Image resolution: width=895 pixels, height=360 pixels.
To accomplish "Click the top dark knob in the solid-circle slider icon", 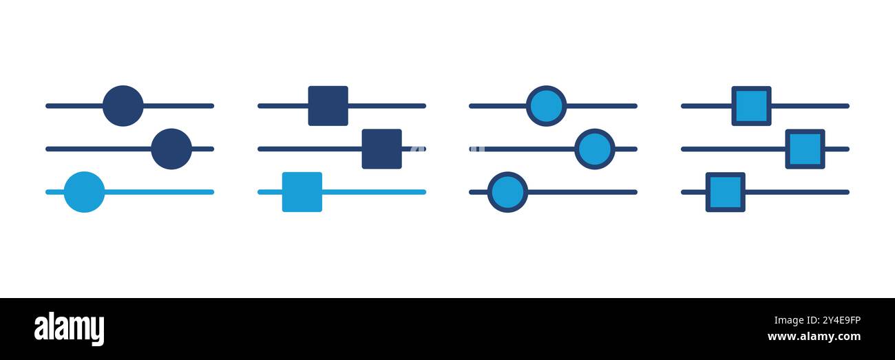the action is coord(123,106).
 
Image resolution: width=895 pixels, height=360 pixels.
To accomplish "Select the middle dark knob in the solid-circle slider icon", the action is coord(171,149).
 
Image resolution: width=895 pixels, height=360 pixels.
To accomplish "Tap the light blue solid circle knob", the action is coord(84,192).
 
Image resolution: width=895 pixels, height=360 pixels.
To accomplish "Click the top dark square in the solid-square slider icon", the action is coord(328,106).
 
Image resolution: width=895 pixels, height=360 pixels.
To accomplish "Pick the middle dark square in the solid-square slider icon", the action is coord(382,149).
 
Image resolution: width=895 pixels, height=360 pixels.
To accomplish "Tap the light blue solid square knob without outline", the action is coord(302,192).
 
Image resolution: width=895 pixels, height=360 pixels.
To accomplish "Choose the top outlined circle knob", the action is coord(546,106).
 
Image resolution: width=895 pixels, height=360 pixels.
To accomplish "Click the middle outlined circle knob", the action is coord(595,149).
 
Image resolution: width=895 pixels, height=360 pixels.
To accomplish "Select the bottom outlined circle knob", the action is coord(507,192).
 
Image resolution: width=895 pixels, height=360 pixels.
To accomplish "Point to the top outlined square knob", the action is coord(752,106).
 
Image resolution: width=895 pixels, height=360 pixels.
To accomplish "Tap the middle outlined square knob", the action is coord(805,149).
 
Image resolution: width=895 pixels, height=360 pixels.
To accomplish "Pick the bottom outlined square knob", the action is coord(726,192).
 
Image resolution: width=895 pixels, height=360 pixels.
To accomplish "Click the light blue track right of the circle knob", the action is coord(160,192).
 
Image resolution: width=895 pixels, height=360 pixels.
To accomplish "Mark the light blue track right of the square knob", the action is coord(374,192).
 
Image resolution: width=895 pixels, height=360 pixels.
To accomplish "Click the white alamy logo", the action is coord(69,329).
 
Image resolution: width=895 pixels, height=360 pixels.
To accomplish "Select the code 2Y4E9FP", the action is coord(841,320).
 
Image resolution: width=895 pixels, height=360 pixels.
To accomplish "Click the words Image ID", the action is coord(797,321).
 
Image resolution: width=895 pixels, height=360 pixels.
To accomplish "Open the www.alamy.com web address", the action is coord(814,337).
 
